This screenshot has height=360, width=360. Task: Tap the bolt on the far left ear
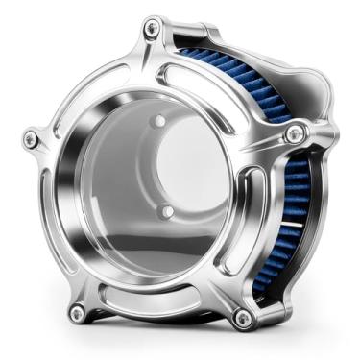(31, 140)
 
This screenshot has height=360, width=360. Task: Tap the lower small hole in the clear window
(166, 209)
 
